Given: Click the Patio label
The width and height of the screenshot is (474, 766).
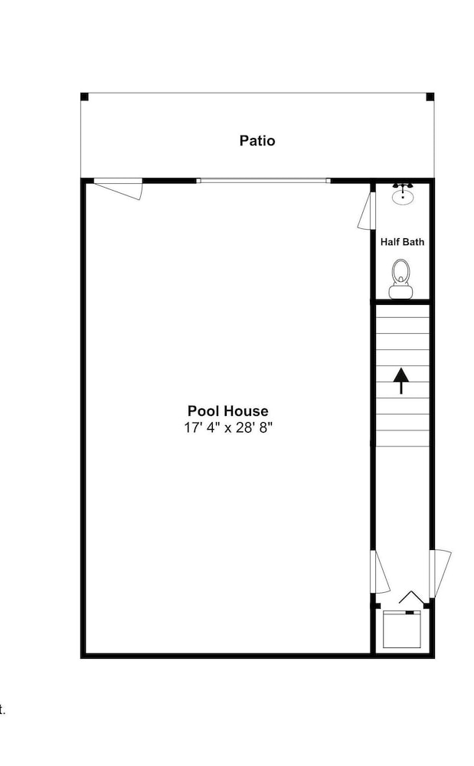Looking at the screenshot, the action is [x=257, y=141].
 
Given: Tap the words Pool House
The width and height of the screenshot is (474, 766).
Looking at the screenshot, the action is [x=228, y=411].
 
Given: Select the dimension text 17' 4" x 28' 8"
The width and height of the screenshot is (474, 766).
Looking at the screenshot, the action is [x=228, y=428].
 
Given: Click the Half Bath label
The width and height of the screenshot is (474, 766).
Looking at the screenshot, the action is [x=402, y=242].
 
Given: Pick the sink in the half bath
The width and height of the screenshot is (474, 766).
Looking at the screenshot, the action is [x=403, y=197].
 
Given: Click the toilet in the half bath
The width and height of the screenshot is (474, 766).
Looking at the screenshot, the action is [x=401, y=279].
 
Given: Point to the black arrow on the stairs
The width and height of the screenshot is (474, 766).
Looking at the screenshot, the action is [x=401, y=381].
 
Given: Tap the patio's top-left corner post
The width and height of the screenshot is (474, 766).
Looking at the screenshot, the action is [x=84, y=97].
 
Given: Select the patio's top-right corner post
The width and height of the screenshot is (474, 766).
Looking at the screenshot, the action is [x=430, y=97].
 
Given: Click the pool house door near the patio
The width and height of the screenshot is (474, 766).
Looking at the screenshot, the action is [x=119, y=189].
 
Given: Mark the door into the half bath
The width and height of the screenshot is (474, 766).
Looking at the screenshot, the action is [x=366, y=211].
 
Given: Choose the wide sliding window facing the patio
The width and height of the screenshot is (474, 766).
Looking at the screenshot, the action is [x=263, y=181].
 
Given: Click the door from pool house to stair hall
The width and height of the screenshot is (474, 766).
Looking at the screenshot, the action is [x=381, y=572].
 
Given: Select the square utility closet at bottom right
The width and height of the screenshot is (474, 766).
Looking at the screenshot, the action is [x=402, y=629].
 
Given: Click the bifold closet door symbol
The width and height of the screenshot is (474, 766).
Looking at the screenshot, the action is [x=410, y=597].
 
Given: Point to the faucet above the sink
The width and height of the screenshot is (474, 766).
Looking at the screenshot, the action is [x=403, y=186].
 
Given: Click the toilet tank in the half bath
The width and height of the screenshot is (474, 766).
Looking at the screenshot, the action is [x=401, y=292].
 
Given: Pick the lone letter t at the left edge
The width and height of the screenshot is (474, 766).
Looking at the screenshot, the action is [x=2, y=710].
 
